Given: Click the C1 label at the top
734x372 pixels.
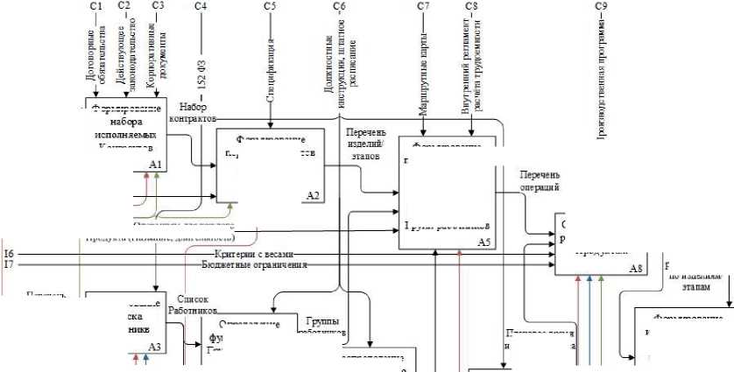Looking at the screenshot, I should [x=95, y=7].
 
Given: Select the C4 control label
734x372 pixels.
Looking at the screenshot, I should [x=201, y=7].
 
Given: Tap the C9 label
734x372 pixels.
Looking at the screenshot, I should [x=601, y=7].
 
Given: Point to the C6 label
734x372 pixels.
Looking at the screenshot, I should [x=339, y=7].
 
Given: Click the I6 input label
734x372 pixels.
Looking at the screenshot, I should [x=9, y=253].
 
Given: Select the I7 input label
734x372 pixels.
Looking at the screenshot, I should [x=9, y=263].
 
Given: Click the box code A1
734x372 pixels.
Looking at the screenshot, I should [x=157, y=165].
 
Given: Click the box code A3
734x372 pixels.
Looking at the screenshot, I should [x=155, y=347].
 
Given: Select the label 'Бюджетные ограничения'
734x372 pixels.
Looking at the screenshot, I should [x=254, y=264].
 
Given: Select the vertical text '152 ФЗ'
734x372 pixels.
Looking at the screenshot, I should [x=201, y=85].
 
